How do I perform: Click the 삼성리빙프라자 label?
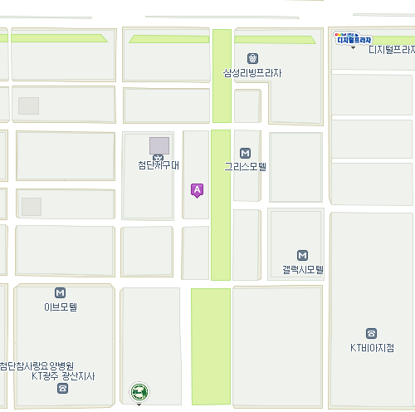(252, 73)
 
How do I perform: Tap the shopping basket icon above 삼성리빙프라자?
(252, 58)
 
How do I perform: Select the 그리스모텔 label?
(245, 166)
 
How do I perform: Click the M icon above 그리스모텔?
(245, 153)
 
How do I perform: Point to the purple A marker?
(197, 190)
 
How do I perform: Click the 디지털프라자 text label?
(391, 50)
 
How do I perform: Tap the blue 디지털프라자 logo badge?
(353, 38)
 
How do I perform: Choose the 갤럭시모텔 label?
(302, 270)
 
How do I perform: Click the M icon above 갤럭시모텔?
(302, 256)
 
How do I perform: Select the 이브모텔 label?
(61, 307)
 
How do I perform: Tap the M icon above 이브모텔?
(61, 292)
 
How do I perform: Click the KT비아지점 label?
(371, 347)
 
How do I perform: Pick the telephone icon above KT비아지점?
(371, 333)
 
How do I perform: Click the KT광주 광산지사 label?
(63, 376)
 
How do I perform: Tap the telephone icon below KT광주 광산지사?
(63, 389)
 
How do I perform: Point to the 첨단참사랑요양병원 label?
(37, 365)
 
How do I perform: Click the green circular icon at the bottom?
(139, 391)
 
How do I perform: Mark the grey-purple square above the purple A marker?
(159, 145)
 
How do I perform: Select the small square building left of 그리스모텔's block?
(247, 105)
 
